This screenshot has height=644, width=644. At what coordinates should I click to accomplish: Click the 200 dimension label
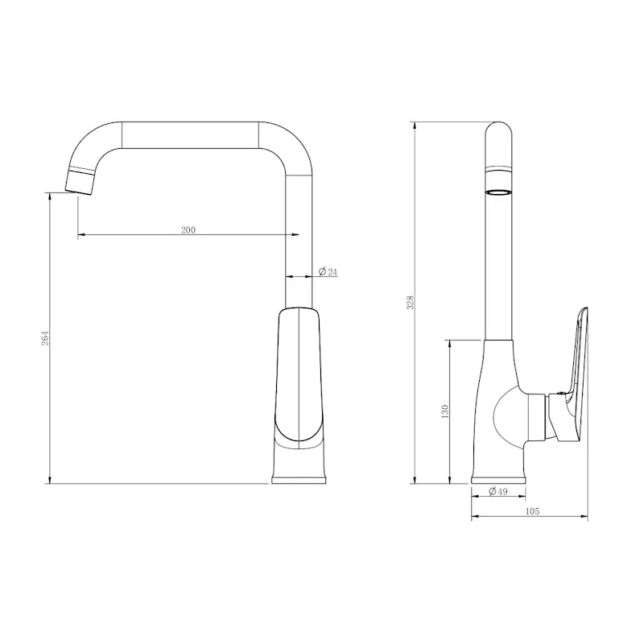coord(188,229)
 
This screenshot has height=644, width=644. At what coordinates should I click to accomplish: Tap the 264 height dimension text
coord(45,339)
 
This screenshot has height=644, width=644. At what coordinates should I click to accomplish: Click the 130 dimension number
coord(444,412)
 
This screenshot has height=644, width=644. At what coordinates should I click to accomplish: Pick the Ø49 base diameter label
coord(497,492)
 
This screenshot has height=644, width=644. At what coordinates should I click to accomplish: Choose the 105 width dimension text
coord(530,511)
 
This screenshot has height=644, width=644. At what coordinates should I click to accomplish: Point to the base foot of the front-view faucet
coord(299,478)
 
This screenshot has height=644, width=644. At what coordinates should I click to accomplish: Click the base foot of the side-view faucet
coord(498,479)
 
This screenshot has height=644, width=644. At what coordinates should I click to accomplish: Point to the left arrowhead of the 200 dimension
coord(81,235)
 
